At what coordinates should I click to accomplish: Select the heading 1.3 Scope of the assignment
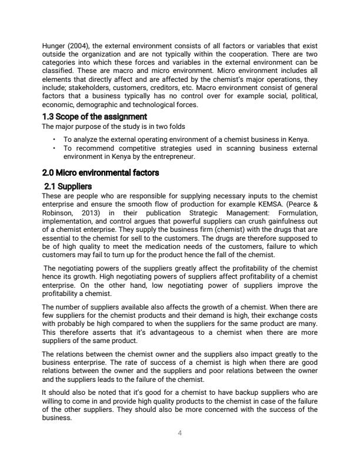pyautogui.click(x=95, y=116)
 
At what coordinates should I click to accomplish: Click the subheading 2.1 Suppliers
pyautogui.click(x=68, y=186)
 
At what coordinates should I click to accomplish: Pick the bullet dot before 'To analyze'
pyautogui.click(x=54, y=139)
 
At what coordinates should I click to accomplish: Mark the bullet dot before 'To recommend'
pyautogui.click(x=54, y=148)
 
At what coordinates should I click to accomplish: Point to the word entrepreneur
pyautogui.click(x=176, y=157)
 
